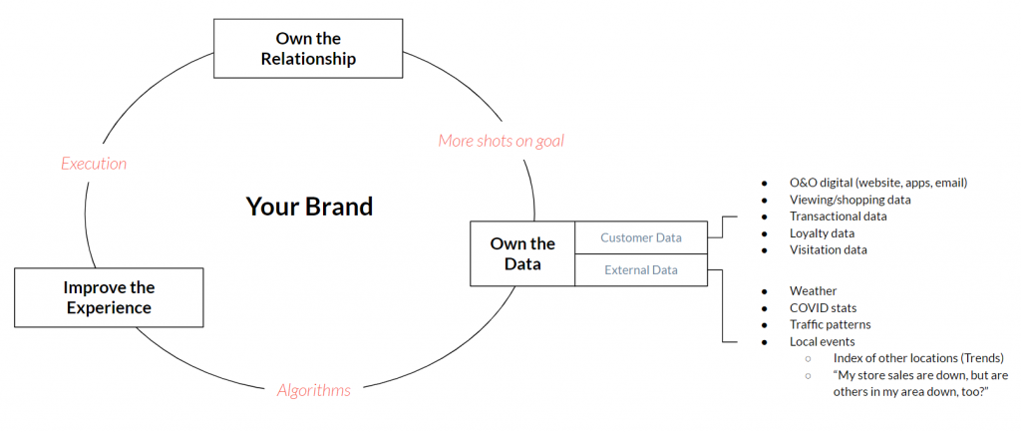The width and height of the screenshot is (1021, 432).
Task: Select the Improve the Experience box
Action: click(x=109, y=297)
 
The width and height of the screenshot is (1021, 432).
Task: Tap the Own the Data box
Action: click(x=522, y=253)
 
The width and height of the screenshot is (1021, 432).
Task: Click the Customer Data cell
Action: click(x=640, y=237)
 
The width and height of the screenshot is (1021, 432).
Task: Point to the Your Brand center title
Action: click(x=309, y=207)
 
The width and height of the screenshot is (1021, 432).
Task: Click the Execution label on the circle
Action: click(x=94, y=163)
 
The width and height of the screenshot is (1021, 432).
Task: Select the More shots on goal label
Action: click(x=501, y=141)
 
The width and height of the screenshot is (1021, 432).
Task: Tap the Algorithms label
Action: click(x=313, y=390)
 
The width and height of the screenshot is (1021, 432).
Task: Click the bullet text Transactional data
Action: click(x=838, y=216)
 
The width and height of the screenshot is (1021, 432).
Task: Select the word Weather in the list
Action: click(x=813, y=290)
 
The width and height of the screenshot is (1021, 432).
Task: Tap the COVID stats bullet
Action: click(x=823, y=307)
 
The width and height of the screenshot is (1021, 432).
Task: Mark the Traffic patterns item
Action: click(x=832, y=324)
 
